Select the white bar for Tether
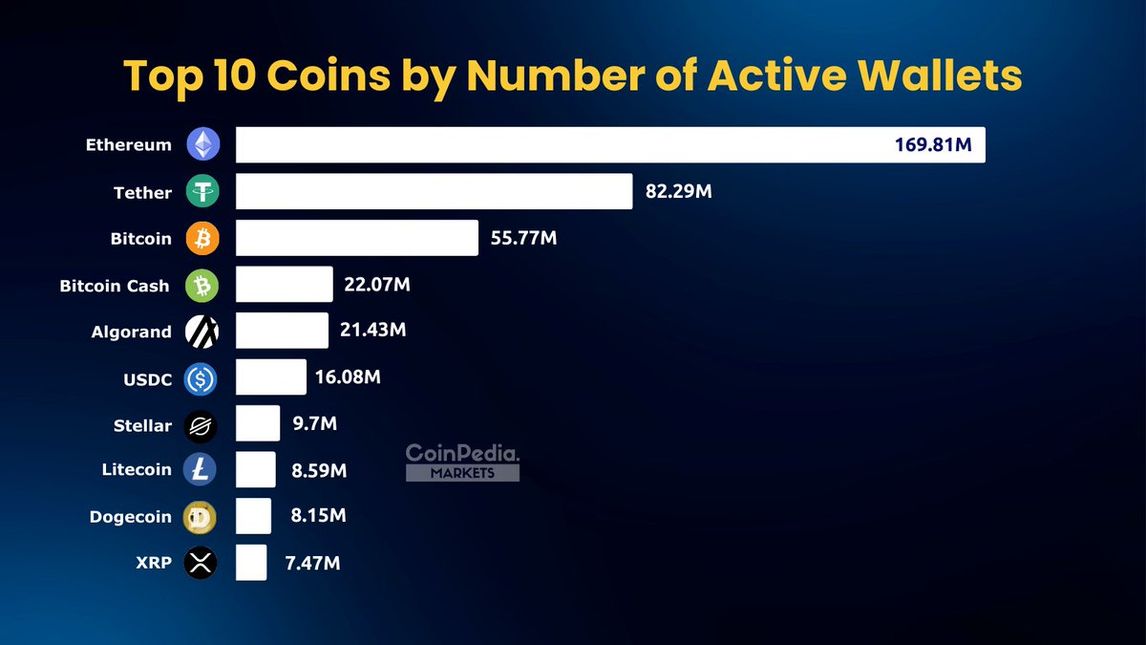[x=434, y=191]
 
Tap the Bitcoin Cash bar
[x=284, y=285]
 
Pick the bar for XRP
[x=251, y=562]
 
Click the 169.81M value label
[x=933, y=146]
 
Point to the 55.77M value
[x=522, y=238]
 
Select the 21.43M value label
[x=373, y=330]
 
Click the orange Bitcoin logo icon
[x=202, y=239]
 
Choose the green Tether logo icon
[x=202, y=192]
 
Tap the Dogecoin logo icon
[x=201, y=517]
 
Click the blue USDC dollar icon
[x=201, y=379]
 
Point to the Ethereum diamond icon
[x=202, y=145]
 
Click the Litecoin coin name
[x=137, y=469]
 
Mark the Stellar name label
[x=142, y=424]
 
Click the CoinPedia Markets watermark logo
[x=462, y=462]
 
